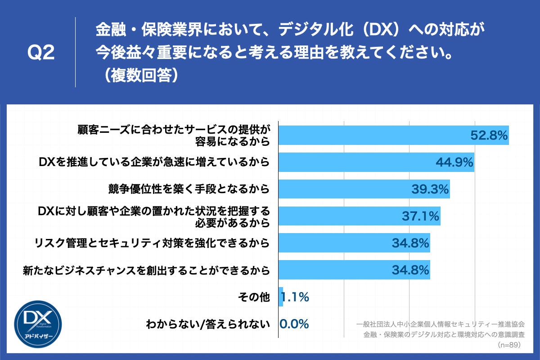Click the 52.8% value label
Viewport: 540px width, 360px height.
[x=489, y=135]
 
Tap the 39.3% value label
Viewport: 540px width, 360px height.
[x=430, y=189]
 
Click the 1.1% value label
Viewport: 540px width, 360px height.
[x=295, y=297]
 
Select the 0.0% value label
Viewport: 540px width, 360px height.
[x=294, y=324]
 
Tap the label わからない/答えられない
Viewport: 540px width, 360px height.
[x=208, y=324]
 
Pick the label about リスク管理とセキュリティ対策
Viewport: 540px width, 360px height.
[x=152, y=243]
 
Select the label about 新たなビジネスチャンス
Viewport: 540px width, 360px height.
[x=146, y=270]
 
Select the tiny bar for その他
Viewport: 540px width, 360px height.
[x=281, y=297]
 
